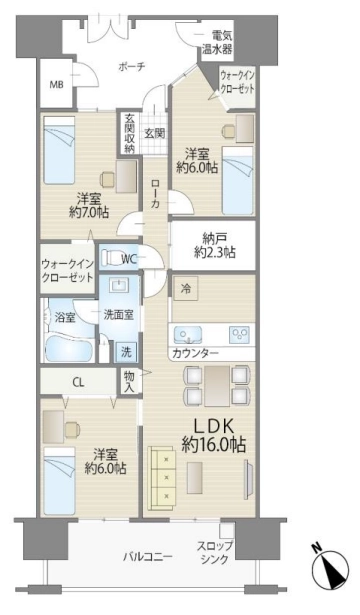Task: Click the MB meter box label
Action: (x=56, y=85)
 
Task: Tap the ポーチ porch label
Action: (x=132, y=67)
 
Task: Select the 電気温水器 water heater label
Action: (x=217, y=42)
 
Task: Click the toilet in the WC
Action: (x=111, y=258)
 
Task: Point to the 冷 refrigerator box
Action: (x=185, y=289)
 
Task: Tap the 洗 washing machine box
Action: (x=126, y=352)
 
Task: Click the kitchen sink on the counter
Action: (x=188, y=334)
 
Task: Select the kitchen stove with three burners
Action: (x=240, y=334)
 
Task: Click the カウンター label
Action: (x=195, y=353)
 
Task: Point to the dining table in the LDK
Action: (x=217, y=385)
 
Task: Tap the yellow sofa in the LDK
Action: (x=162, y=478)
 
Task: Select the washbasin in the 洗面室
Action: (x=119, y=285)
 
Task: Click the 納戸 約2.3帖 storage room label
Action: (x=215, y=245)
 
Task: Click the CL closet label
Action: (x=78, y=382)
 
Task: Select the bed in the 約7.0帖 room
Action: (x=59, y=151)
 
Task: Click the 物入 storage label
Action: (x=129, y=381)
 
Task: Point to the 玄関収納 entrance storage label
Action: (x=129, y=133)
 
